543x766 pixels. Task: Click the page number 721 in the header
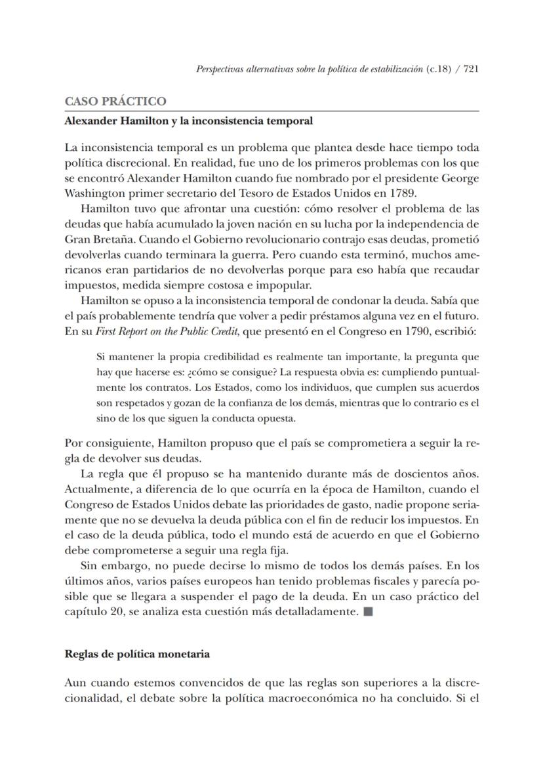(x=470, y=69)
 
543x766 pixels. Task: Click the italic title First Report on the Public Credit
(x=164, y=331)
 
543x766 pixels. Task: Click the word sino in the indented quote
(x=106, y=418)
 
